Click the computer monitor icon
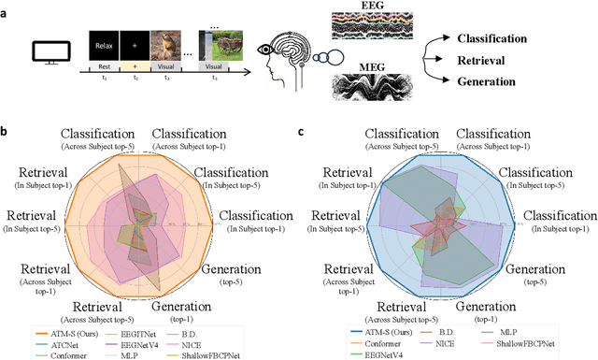[x=48, y=52]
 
